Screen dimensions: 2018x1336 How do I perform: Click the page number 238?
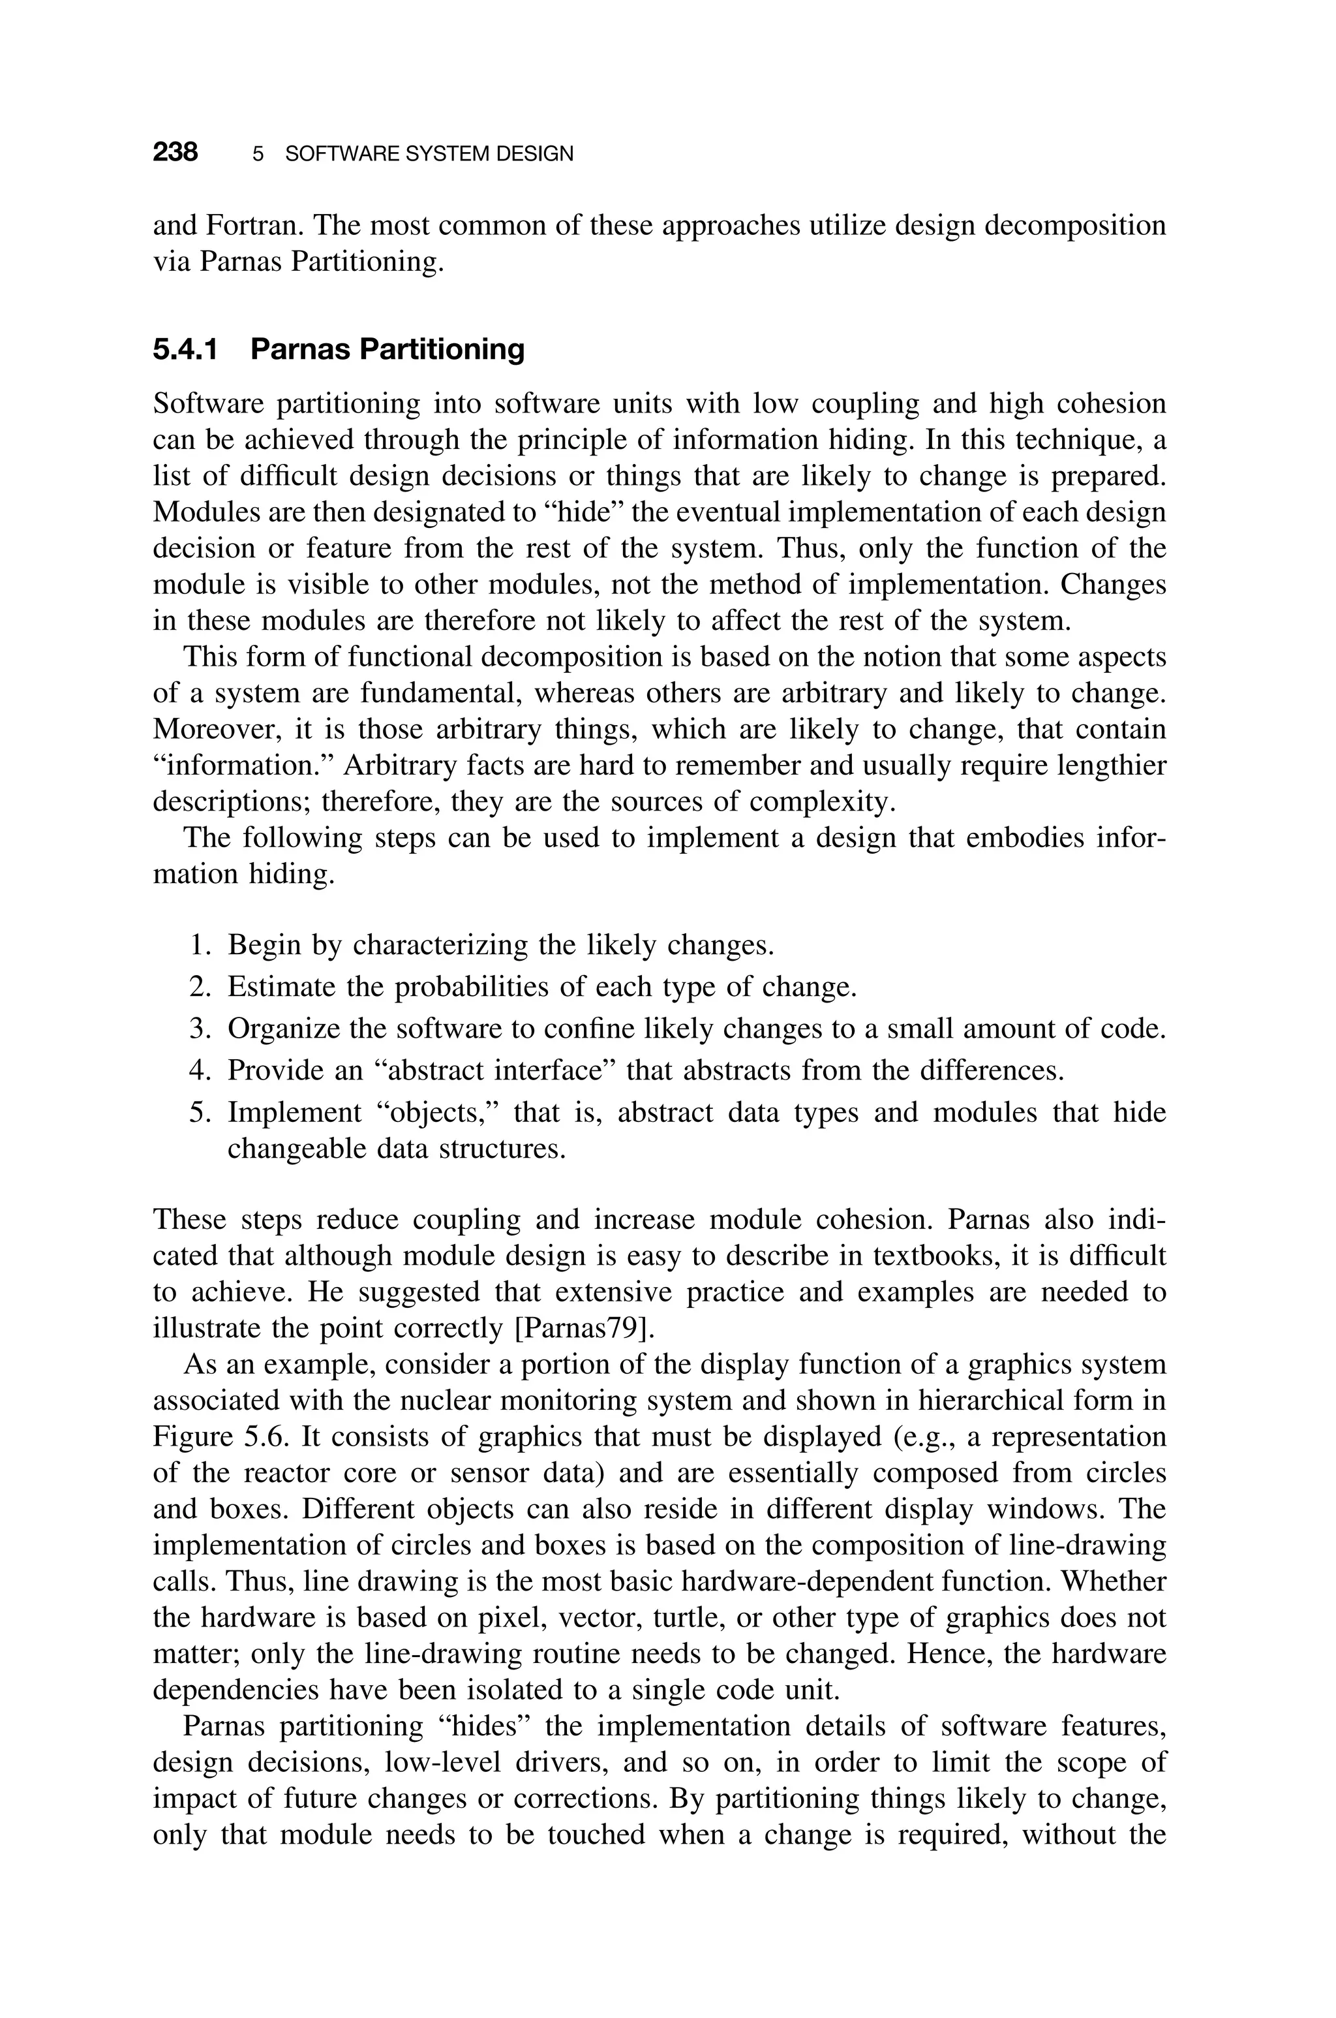(x=175, y=153)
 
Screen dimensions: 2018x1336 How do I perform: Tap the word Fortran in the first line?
(x=254, y=225)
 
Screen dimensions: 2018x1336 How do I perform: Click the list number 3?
(x=198, y=1029)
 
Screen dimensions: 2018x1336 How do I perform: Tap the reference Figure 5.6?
(x=224, y=1436)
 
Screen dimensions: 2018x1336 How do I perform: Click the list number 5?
(x=198, y=1112)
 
